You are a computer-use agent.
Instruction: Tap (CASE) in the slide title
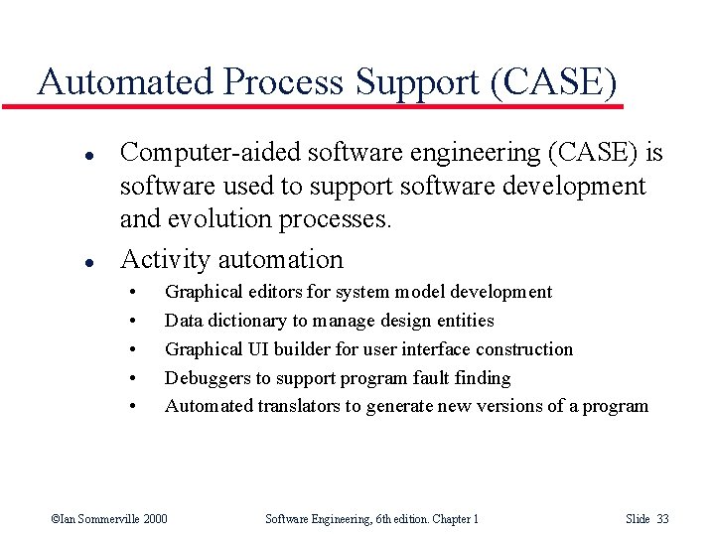[x=553, y=81]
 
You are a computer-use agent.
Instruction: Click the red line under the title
[x=328, y=105]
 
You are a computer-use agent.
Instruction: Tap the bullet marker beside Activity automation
[x=61, y=262]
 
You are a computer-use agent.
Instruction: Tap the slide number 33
[x=662, y=519]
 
